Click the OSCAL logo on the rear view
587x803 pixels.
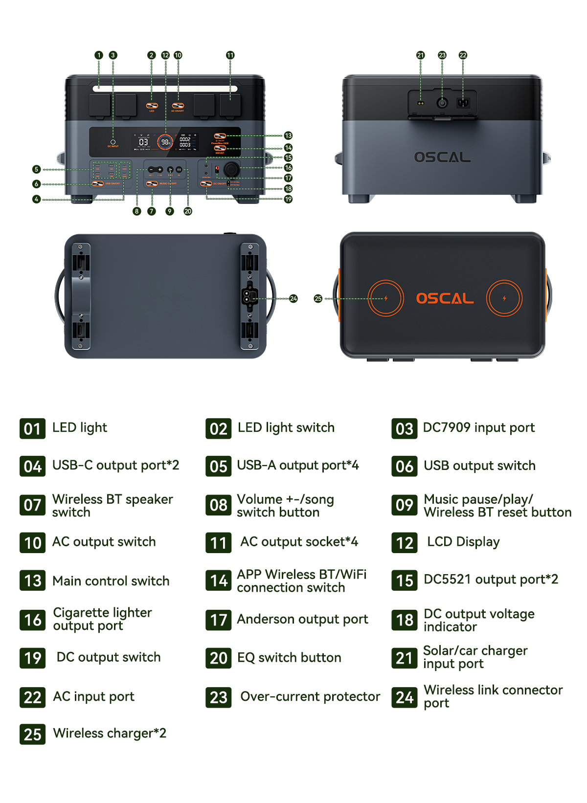(x=442, y=157)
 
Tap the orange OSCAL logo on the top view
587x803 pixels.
(x=445, y=298)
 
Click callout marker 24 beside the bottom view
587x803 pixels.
(x=293, y=298)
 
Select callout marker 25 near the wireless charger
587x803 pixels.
(x=318, y=298)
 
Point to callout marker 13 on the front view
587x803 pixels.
(x=288, y=135)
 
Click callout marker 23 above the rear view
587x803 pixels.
(x=442, y=55)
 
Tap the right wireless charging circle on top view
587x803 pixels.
(x=504, y=298)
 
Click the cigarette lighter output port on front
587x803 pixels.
(x=231, y=169)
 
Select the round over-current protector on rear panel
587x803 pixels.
(x=442, y=103)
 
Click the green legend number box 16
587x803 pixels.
(x=33, y=620)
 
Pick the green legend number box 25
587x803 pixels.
(x=33, y=734)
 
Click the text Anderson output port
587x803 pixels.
(x=302, y=619)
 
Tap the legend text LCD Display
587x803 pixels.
(x=463, y=542)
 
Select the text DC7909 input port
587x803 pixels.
(x=478, y=428)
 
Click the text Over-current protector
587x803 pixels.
(x=310, y=696)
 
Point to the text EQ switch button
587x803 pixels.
(x=289, y=658)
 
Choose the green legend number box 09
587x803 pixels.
(x=405, y=505)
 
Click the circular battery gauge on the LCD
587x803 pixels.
(x=165, y=142)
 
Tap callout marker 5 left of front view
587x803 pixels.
(x=36, y=169)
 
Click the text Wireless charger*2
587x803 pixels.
(x=110, y=733)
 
